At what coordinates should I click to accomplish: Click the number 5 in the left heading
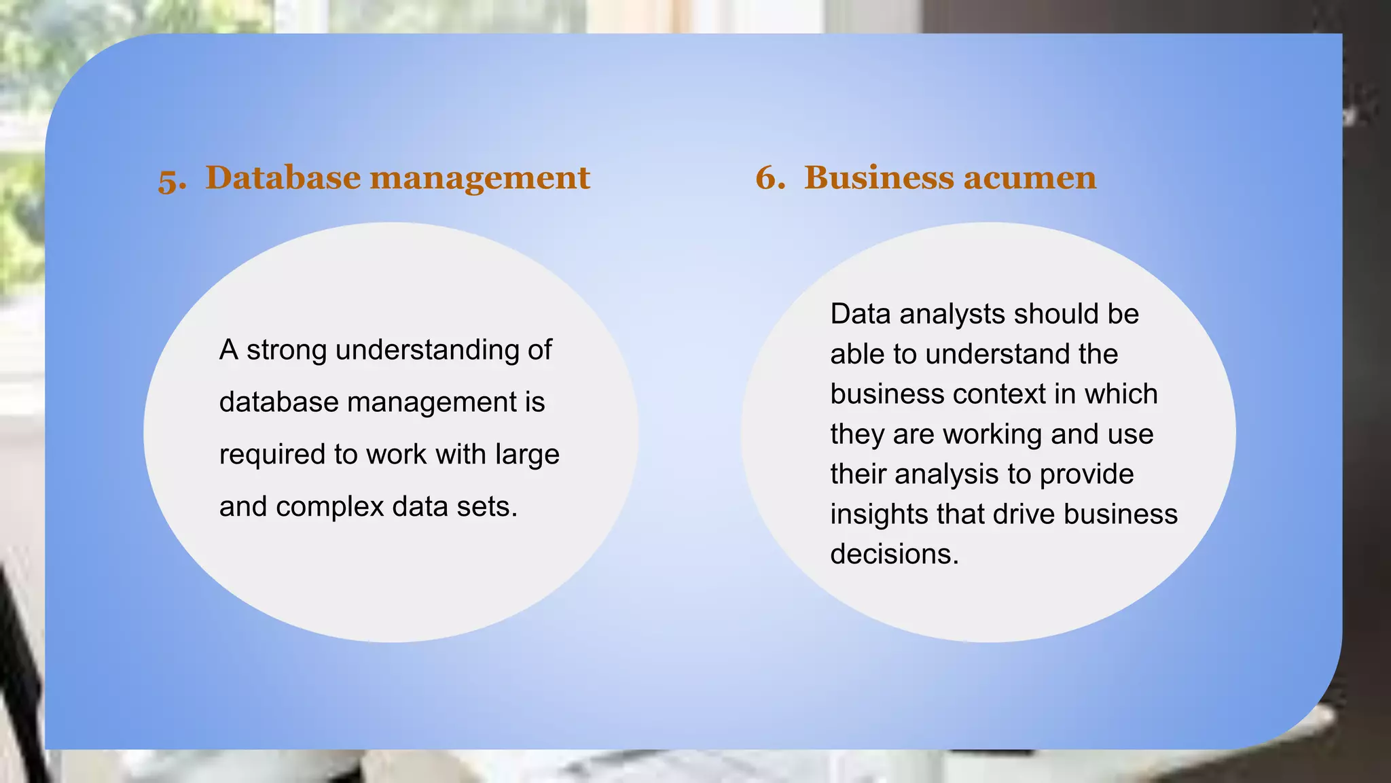pyautogui.click(x=171, y=179)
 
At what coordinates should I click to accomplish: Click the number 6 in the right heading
pyautogui.click(x=770, y=178)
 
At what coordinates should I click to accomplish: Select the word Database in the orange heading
pyautogui.click(x=283, y=177)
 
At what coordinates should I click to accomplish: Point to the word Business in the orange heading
pyautogui.click(x=878, y=177)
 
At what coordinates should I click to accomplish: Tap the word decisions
pyautogui.click(x=894, y=555)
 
